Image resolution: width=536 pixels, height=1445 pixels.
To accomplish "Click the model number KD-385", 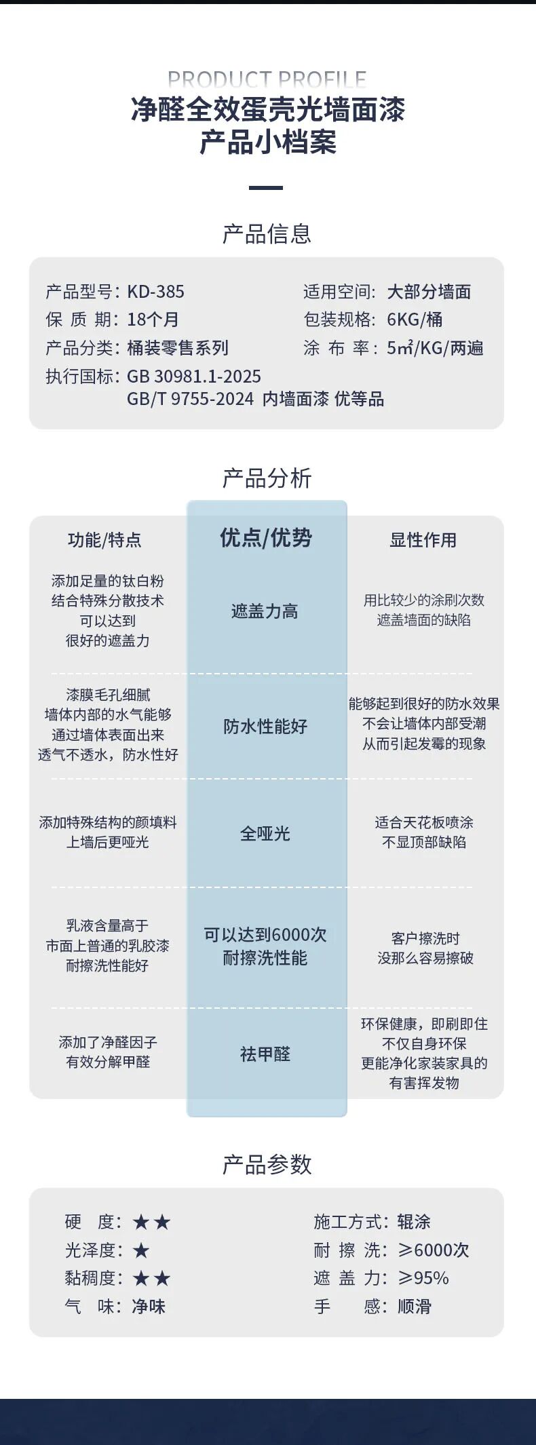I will [x=155, y=292].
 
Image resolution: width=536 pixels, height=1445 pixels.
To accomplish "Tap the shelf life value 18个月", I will [x=153, y=320].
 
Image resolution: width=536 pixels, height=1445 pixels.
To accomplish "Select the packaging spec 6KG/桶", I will [x=415, y=320].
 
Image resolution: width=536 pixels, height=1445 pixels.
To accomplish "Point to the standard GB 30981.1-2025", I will [x=194, y=377].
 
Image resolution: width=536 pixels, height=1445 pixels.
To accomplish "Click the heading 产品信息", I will [x=267, y=234].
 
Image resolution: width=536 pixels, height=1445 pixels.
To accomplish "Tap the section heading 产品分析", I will [x=267, y=479].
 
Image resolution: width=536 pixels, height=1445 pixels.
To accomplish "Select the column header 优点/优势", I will [x=266, y=538].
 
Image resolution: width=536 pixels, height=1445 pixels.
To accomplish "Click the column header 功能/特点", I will [x=104, y=540].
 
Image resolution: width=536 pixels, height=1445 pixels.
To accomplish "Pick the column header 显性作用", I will [x=423, y=540].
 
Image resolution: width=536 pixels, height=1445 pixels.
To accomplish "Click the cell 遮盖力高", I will [x=265, y=611].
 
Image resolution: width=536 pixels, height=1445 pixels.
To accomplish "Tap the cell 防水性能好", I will [x=265, y=727].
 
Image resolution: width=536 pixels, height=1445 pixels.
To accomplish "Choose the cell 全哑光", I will [x=265, y=833].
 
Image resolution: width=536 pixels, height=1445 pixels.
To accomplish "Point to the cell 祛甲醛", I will [x=265, y=1054].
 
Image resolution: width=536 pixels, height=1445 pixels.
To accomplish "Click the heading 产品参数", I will [x=267, y=1164].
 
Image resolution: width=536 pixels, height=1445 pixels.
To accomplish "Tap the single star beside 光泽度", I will [x=141, y=1250].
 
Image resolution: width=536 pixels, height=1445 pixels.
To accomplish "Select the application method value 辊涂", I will [x=414, y=1222].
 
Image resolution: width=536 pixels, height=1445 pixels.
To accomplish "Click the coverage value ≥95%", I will [x=423, y=1278].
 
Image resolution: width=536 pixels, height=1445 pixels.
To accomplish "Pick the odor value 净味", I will [x=149, y=1306].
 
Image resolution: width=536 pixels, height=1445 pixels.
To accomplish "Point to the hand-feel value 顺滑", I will [x=414, y=1306].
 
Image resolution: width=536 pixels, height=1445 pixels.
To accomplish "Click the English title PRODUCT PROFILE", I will [x=267, y=79].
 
